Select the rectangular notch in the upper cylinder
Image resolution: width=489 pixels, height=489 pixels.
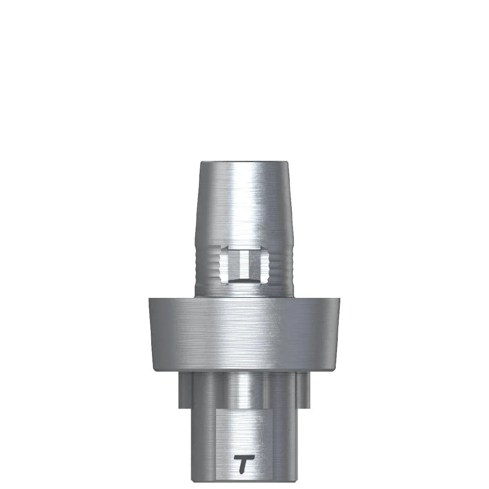click(244, 265)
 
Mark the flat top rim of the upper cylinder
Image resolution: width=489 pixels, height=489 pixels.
click(244, 163)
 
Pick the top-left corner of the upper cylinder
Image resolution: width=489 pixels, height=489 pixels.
click(200, 163)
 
